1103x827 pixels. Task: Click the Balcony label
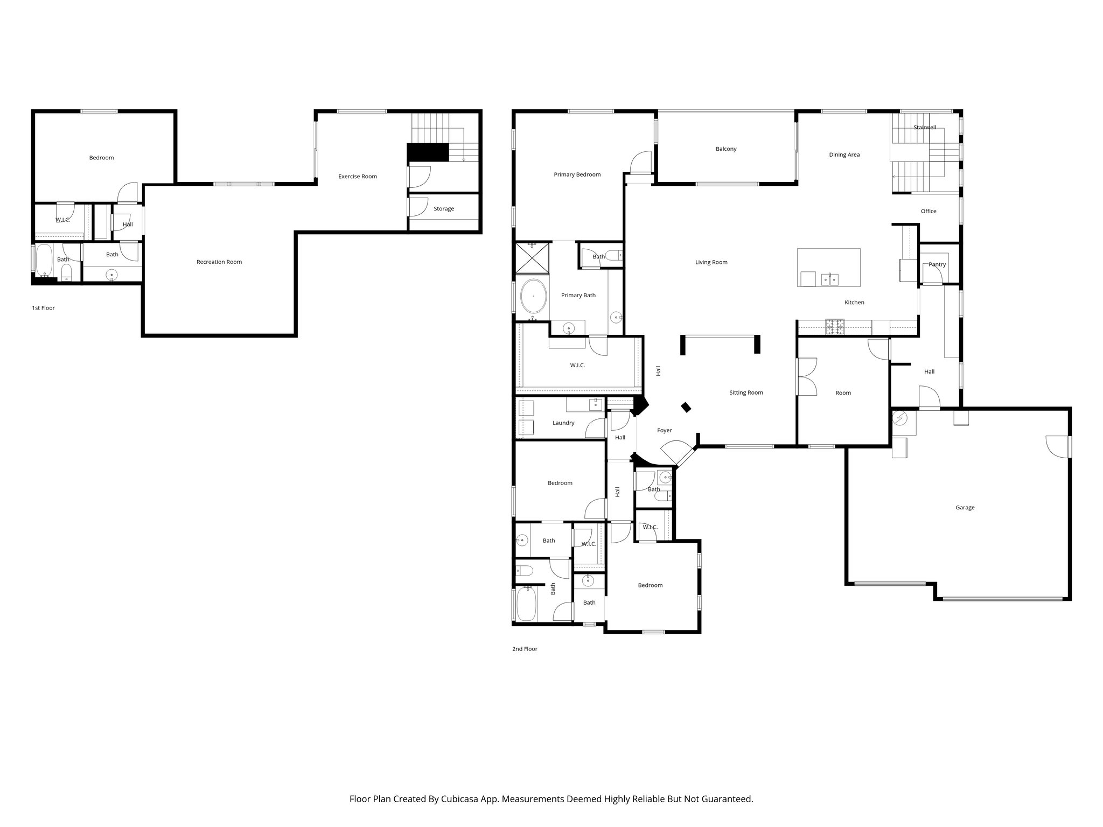[x=725, y=149]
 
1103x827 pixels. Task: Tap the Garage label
[x=965, y=508]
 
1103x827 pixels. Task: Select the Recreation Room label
[x=219, y=262]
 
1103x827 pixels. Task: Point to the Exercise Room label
[x=357, y=177]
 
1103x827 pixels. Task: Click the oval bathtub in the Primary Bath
[x=533, y=296]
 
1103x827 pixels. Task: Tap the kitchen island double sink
[x=829, y=279]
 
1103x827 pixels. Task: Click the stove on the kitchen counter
[x=835, y=325]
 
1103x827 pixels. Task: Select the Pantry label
[x=937, y=264]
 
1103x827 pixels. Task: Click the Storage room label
[x=443, y=209]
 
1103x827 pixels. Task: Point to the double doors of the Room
[x=806, y=377]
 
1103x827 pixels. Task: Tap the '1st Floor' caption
[x=43, y=308]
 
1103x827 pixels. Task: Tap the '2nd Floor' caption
[x=525, y=649]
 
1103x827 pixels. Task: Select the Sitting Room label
[x=746, y=393]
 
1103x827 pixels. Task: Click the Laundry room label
[x=563, y=423]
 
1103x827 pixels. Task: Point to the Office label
[x=928, y=211]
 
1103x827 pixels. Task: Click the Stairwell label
[x=925, y=128]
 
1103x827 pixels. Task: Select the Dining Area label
[x=844, y=155]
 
